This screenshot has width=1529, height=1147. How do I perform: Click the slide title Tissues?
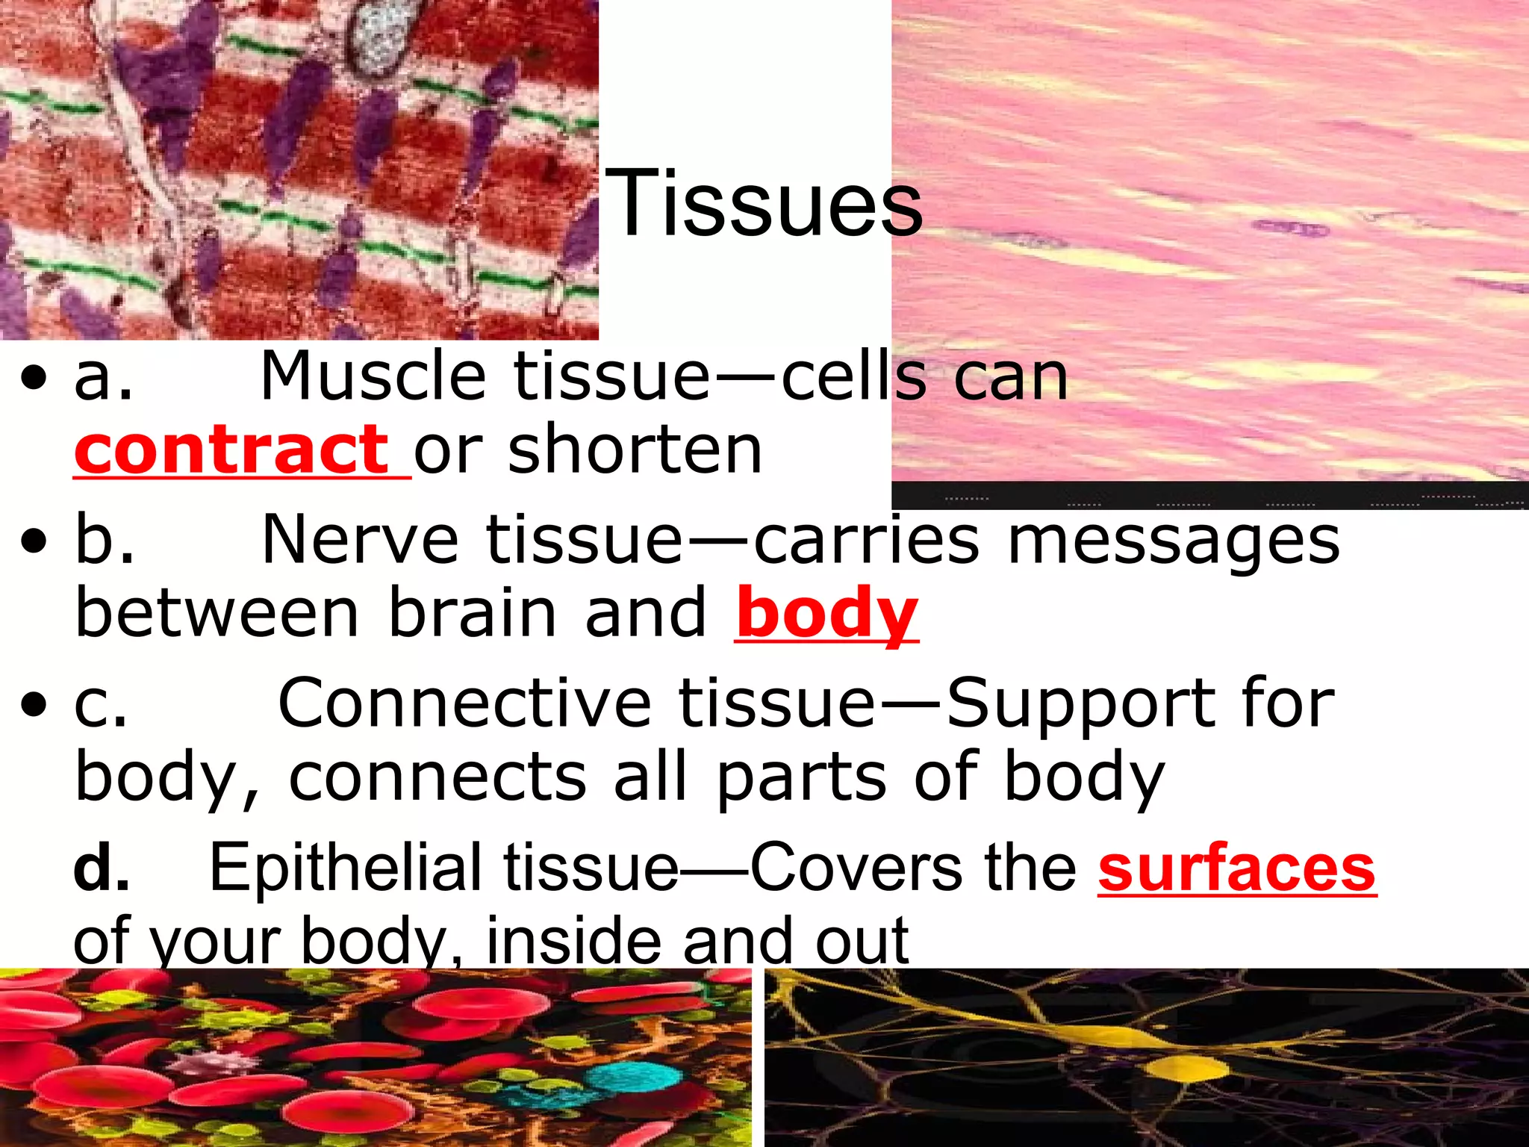(763, 203)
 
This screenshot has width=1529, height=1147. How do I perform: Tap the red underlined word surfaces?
(1236, 868)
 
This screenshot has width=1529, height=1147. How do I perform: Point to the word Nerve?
(360, 539)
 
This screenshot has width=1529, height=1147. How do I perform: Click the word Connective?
(464, 703)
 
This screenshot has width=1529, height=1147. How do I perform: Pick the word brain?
(473, 613)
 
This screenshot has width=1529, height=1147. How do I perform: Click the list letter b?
(105, 539)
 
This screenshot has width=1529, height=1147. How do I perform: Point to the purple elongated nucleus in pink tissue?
(1289, 228)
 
